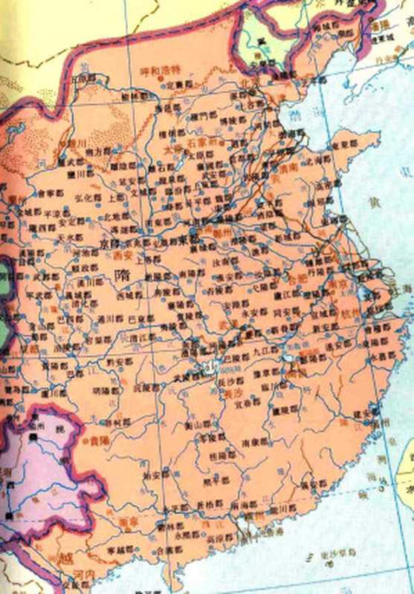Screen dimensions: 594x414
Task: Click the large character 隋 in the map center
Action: (124, 274)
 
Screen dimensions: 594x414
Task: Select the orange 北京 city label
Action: (248, 82)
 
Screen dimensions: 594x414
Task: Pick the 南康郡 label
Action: (253, 443)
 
